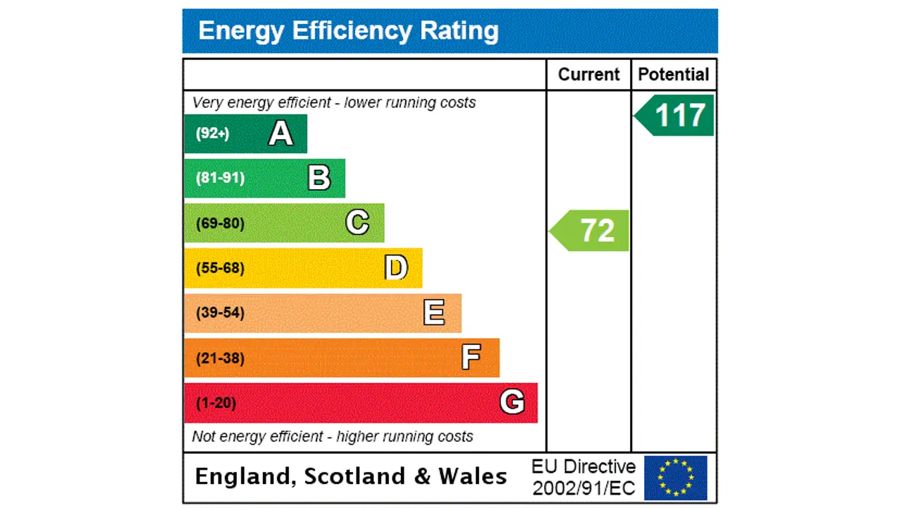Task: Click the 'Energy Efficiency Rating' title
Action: click(x=348, y=31)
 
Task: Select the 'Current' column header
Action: click(x=588, y=75)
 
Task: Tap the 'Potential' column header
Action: click(x=673, y=75)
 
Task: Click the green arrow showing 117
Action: click(x=676, y=116)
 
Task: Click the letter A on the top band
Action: click(x=280, y=133)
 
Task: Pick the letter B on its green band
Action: click(x=319, y=179)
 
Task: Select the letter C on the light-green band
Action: click(x=357, y=223)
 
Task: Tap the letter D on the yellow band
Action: click(x=396, y=268)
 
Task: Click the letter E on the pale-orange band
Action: click(x=434, y=313)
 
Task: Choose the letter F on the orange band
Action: click(x=471, y=358)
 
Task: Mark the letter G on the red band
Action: click(x=512, y=402)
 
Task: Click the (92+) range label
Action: click(x=212, y=133)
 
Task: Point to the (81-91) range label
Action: click(x=220, y=178)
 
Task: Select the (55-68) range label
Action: click(x=220, y=268)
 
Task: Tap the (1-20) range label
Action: click(x=216, y=403)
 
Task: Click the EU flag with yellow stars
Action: click(x=675, y=478)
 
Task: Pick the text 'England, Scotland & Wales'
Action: click(x=350, y=476)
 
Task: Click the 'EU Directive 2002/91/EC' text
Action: click(x=583, y=477)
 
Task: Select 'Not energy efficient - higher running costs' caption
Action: click(x=332, y=437)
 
